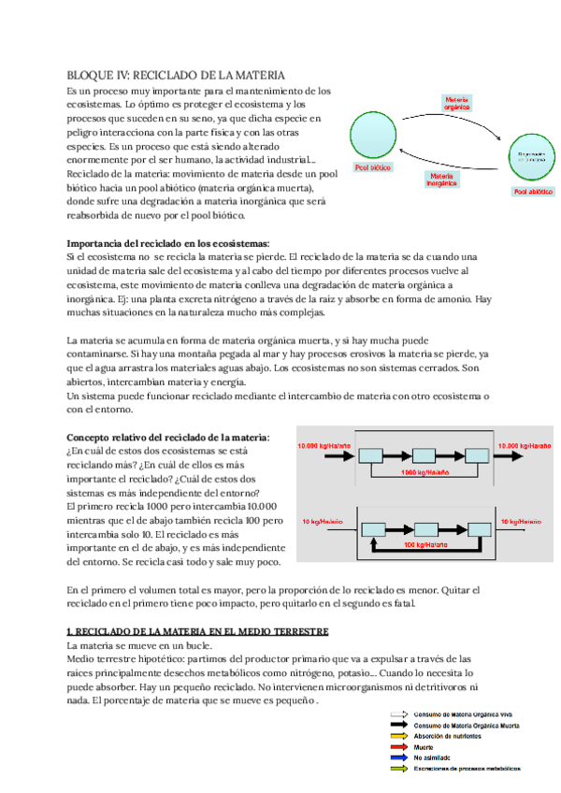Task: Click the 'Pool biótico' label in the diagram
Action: (x=373, y=168)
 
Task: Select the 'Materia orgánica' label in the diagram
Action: (x=456, y=102)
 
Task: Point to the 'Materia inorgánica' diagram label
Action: (x=442, y=178)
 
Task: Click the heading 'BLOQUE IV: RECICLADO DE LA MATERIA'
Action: (x=176, y=75)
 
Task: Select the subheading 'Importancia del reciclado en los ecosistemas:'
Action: (x=168, y=243)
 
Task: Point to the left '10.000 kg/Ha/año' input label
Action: (x=324, y=446)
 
